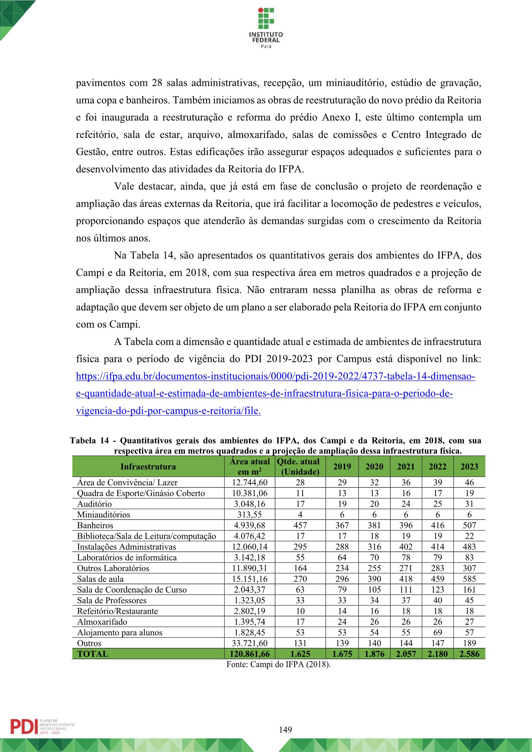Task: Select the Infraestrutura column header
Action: click(148, 467)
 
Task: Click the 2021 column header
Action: click(406, 467)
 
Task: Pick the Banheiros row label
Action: click(95, 525)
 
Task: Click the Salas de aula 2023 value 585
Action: click(469, 579)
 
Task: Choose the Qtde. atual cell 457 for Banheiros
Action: click(300, 525)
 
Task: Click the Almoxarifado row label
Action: click(102, 622)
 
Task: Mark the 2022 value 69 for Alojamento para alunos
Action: click(438, 632)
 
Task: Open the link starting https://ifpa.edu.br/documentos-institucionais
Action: click(275, 377)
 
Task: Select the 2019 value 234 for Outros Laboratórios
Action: click(342, 568)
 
